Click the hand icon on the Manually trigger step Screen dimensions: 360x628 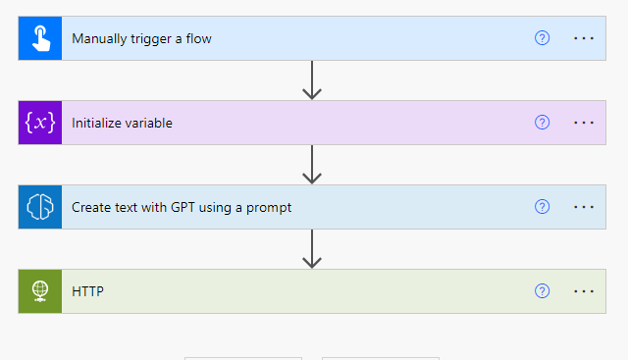coord(40,38)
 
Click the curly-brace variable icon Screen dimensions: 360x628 coord(40,123)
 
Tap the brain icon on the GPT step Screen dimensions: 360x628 coord(40,207)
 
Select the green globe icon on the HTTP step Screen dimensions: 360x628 coord(40,291)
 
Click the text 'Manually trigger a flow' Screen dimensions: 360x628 coord(141,39)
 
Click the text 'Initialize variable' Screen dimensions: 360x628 coord(122,124)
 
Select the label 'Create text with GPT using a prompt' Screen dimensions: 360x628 coord(182,208)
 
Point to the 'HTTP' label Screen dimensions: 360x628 coord(87,292)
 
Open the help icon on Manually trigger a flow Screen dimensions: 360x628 coord(542,38)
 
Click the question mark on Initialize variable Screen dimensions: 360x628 coord(542,123)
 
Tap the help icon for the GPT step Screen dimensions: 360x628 coord(542,207)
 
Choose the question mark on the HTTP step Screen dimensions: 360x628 coord(542,291)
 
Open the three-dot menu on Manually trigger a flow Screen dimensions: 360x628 coord(584,38)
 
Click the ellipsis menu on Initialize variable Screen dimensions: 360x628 coord(584,123)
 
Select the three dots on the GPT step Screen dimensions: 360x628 coord(584,207)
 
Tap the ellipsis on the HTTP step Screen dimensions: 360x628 coord(584,291)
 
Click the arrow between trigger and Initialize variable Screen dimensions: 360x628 coord(312,80)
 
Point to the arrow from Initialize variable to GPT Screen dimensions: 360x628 coord(312,165)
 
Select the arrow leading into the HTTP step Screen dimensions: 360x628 coord(312,249)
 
